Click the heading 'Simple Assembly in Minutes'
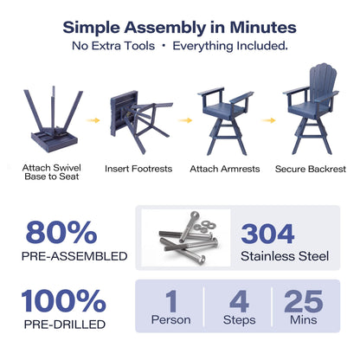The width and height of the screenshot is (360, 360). pos(179,28)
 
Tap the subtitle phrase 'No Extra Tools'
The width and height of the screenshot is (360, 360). pos(113,46)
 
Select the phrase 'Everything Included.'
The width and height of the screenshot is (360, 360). pos(230,46)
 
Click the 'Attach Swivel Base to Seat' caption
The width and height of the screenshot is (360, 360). pos(52,172)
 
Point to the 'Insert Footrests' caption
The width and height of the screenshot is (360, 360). pos(138,169)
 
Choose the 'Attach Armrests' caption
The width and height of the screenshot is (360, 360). pos(225,169)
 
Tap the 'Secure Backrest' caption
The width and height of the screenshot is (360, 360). pos(311,169)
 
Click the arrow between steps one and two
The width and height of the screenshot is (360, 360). pos(93,120)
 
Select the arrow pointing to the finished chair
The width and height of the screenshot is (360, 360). pos(269,120)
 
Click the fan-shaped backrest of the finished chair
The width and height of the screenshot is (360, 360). pos(321,80)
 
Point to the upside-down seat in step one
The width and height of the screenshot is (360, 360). pos(55,141)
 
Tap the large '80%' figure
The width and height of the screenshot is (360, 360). pos(61,233)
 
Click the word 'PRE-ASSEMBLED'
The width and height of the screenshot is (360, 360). pos(74,256)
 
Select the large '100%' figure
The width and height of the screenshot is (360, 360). pos(63,301)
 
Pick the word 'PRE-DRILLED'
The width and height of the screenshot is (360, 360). pos(65,325)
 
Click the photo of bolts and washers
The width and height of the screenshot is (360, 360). pos(186,238)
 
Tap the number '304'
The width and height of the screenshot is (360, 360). pos(267,234)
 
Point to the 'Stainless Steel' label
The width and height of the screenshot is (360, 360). pos(285,256)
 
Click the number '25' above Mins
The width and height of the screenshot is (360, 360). pos(304,301)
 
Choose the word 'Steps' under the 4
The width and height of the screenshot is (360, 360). pos(240,320)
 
